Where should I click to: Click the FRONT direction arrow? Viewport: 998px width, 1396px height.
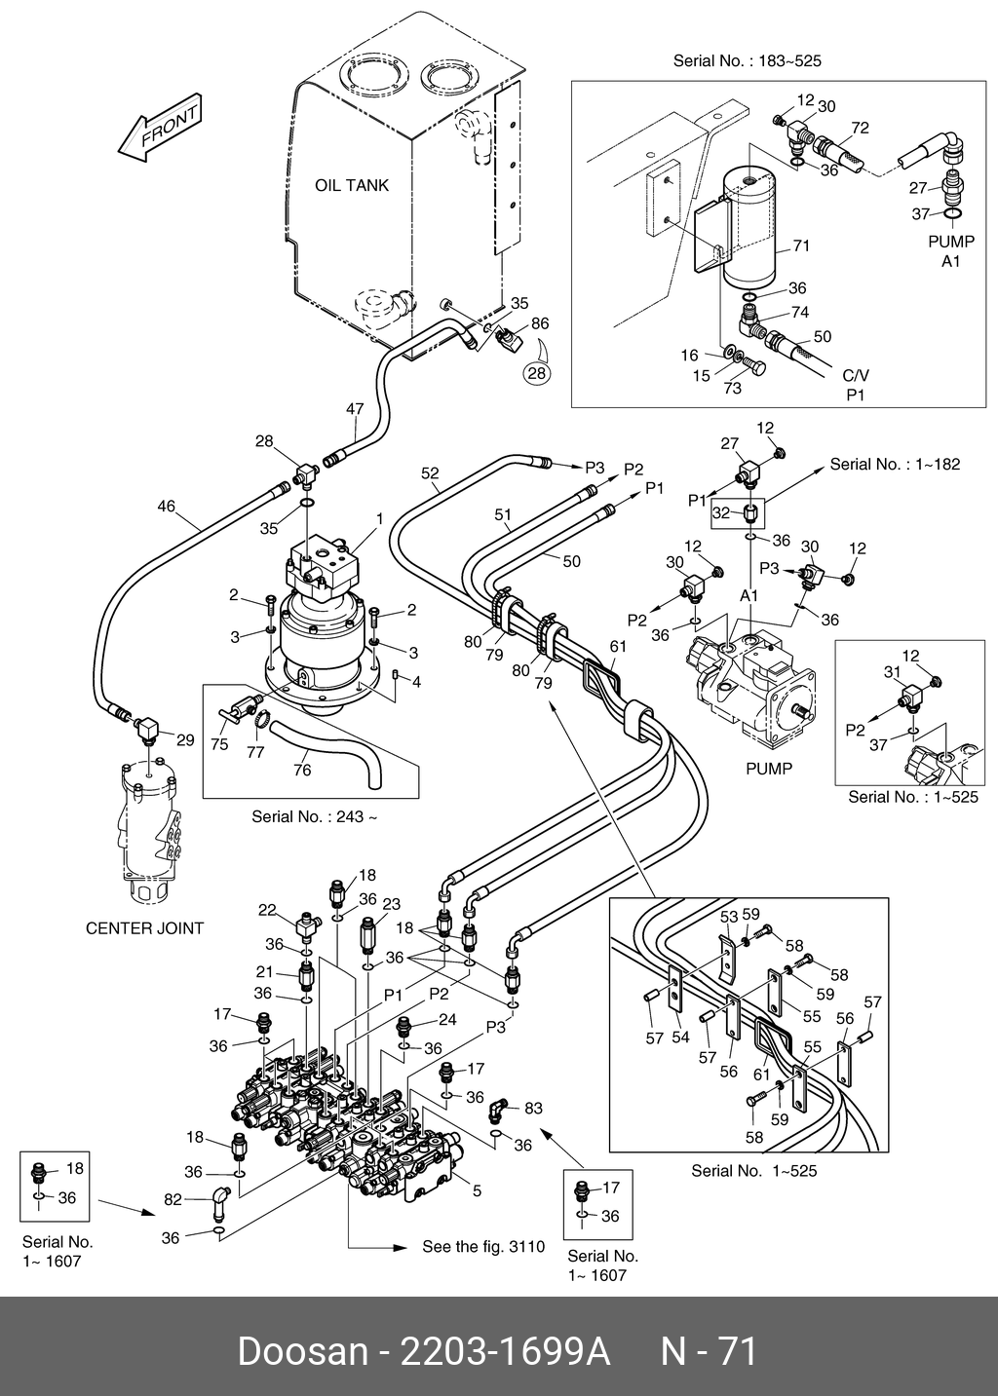point(159,130)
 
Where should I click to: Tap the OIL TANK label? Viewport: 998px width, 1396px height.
point(351,185)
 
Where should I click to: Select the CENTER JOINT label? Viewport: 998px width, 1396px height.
point(144,928)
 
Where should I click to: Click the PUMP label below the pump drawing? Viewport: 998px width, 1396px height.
point(769,769)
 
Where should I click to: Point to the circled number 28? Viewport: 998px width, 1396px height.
point(537,371)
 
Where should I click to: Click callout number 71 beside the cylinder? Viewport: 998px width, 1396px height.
point(801,246)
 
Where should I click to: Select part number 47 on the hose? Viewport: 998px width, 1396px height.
point(355,410)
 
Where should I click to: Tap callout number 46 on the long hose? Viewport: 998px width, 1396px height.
point(167,506)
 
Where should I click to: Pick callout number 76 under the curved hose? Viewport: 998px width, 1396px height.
point(302,770)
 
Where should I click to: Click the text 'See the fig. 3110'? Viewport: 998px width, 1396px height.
point(482,1247)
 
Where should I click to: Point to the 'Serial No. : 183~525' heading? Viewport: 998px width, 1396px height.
point(747,61)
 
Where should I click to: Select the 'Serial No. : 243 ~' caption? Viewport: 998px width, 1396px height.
point(314,816)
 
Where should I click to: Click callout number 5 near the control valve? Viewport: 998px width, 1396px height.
point(477,1190)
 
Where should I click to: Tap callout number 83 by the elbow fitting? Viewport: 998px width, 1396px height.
point(533,1109)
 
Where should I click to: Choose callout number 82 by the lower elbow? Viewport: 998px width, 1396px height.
point(173,1200)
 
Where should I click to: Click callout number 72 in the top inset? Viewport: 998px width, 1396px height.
point(860,128)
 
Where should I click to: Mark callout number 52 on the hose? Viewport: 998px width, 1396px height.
point(430,473)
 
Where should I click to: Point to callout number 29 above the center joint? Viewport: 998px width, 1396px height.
point(185,740)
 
